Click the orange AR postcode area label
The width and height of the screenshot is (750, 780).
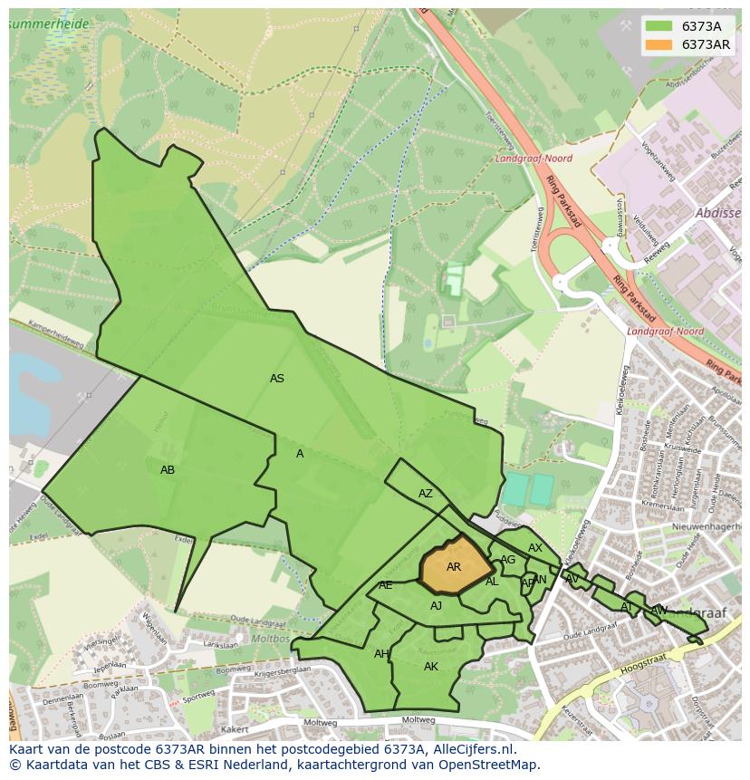(x=454, y=567)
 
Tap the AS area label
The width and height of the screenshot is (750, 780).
(x=277, y=379)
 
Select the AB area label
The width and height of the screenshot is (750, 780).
(x=168, y=470)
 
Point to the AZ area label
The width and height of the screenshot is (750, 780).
(x=426, y=494)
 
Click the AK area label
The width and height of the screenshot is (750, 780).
(x=431, y=667)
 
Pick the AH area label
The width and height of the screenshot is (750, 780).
(x=381, y=654)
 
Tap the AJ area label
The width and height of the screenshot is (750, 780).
(x=437, y=606)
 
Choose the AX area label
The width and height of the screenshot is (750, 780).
(x=535, y=548)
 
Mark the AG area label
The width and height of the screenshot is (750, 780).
(x=508, y=560)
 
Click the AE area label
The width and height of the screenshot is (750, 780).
(x=386, y=585)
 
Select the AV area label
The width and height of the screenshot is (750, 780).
(x=572, y=579)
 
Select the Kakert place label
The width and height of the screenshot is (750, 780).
(x=235, y=728)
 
